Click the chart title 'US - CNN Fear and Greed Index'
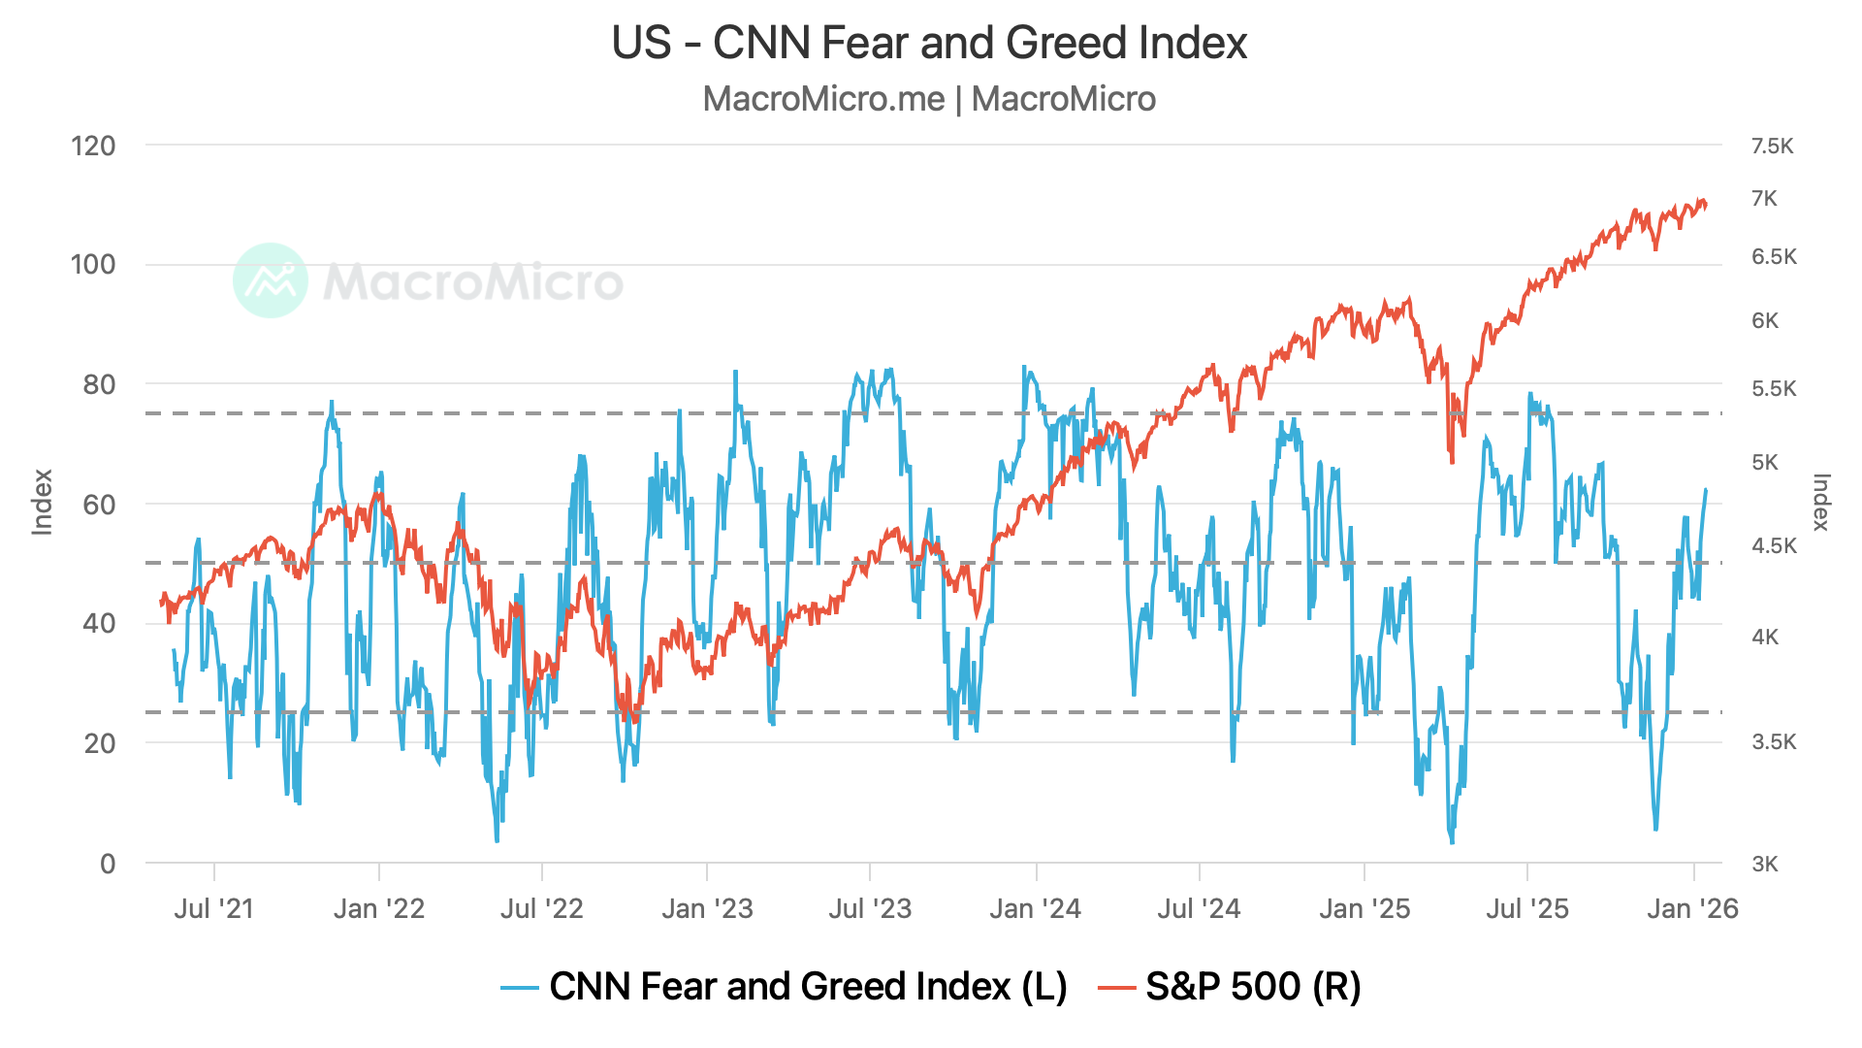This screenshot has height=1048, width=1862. click(929, 44)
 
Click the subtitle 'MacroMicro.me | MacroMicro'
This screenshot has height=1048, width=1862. click(929, 99)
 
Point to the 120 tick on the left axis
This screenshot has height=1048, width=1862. click(93, 147)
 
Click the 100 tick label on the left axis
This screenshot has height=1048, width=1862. click(93, 265)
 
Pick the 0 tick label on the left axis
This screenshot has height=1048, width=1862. click(108, 864)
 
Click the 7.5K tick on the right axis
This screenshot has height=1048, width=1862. click(1773, 147)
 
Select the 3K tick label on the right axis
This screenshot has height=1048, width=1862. click(1765, 865)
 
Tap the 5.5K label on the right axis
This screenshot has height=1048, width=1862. click(1774, 389)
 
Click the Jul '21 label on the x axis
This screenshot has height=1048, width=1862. click(213, 909)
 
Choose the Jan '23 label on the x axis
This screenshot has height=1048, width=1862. click(707, 909)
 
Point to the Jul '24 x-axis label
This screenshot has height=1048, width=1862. click(1199, 909)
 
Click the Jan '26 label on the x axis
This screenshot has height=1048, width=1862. click(1692, 909)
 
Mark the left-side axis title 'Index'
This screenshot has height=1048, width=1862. click(42, 503)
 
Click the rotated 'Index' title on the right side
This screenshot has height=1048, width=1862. click(1820, 503)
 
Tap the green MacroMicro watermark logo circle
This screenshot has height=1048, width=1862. click(271, 280)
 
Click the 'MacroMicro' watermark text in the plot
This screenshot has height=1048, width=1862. click(473, 282)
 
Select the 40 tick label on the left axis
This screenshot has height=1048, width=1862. click(99, 624)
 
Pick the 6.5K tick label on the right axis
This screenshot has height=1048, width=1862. click(1774, 257)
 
